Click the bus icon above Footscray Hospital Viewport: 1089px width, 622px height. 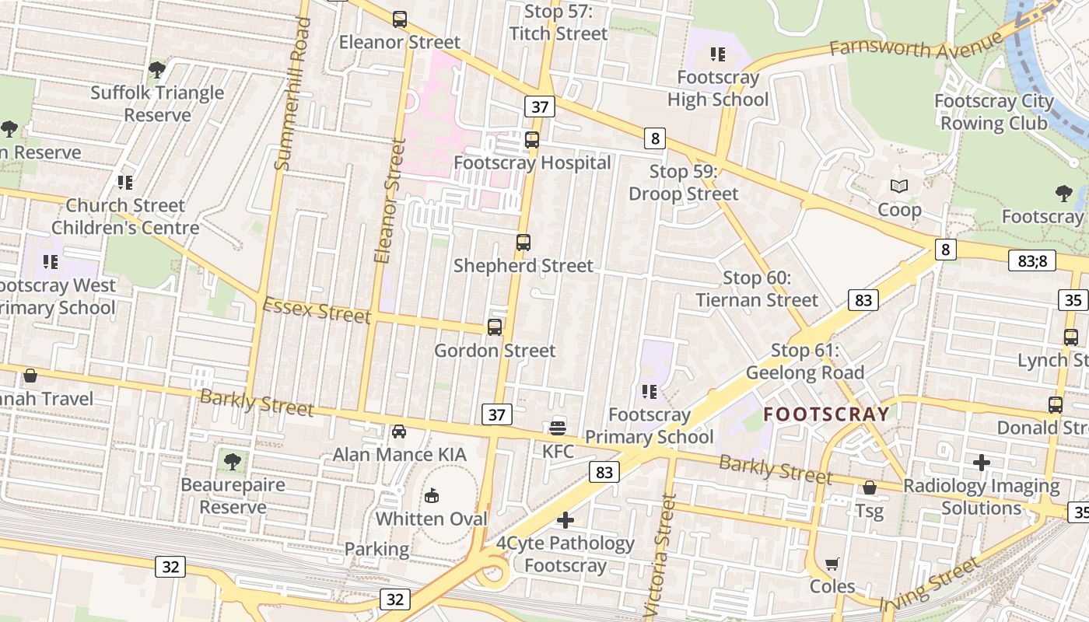(x=532, y=140)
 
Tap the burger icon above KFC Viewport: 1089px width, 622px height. (x=558, y=428)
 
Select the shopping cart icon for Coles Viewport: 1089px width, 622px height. (x=832, y=564)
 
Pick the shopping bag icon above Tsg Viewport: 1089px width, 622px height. (x=870, y=487)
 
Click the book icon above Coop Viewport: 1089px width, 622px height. (x=899, y=187)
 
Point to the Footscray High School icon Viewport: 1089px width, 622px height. (x=717, y=54)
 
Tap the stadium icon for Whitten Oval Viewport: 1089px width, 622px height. (x=432, y=495)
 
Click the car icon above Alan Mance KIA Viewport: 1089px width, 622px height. (x=399, y=431)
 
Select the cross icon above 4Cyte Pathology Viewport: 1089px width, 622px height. (x=566, y=520)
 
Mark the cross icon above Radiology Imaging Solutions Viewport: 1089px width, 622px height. (x=982, y=463)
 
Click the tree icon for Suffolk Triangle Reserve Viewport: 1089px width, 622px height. (x=157, y=70)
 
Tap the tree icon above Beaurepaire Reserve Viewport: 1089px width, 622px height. (x=233, y=461)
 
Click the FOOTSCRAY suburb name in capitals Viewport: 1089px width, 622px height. (x=826, y=414)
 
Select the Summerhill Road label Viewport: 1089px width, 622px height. (x=292, y=93)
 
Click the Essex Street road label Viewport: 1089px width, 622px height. (x=317, y=309)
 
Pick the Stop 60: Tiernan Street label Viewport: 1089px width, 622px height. (x=757, y=288)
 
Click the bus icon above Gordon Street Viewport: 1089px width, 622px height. (x=495, y=327)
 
